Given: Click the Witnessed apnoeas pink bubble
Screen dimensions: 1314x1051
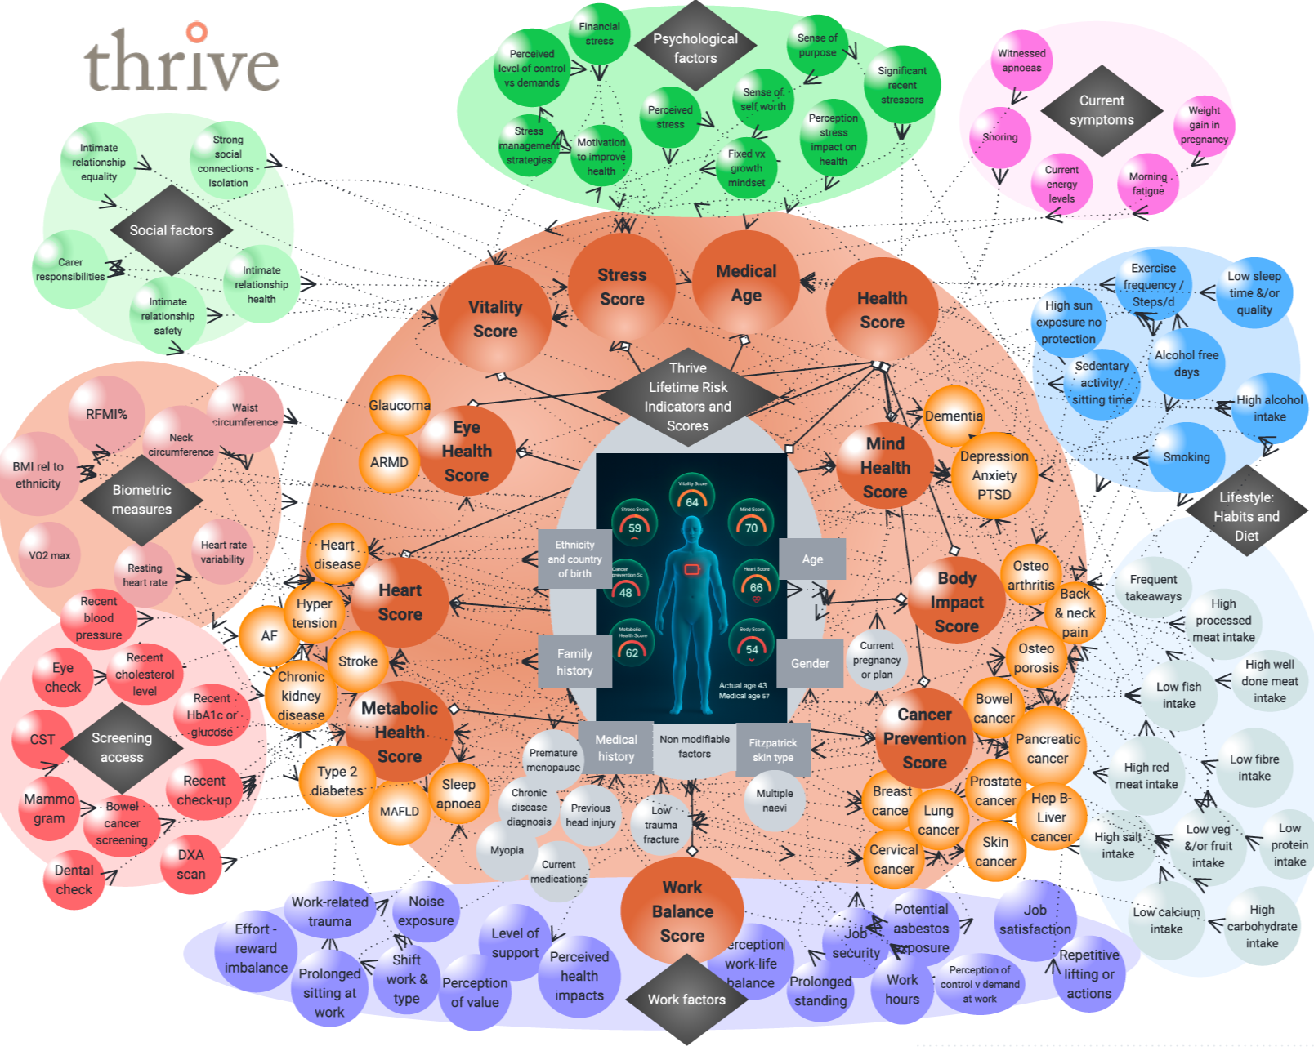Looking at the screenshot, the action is pos(1021,60).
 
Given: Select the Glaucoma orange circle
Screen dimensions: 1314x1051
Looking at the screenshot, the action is pos(400,405).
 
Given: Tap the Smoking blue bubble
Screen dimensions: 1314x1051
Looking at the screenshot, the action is pos(1186,457).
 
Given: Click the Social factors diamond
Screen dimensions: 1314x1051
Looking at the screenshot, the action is pos(171,230).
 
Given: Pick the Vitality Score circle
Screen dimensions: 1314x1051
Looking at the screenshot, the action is pos(494,319).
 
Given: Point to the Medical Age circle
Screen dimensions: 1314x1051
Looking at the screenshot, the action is pos(746,283).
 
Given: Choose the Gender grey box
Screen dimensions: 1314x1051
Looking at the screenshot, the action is pos(810,663).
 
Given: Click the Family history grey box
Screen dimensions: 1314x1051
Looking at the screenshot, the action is pos(574,661).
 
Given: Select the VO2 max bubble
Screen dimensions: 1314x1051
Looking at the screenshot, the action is pos(49,555).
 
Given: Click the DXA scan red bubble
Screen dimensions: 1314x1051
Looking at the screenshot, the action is pos(191,864).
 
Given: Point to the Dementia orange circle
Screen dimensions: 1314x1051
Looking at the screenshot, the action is pos(954,416).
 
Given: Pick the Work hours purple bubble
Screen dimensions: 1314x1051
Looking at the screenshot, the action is pos(902,989).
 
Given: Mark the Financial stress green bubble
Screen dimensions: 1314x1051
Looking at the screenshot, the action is pos(599,33).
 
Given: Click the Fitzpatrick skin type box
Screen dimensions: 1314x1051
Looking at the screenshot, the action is pos(772,750).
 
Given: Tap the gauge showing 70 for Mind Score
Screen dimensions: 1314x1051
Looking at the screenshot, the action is pos(751,523).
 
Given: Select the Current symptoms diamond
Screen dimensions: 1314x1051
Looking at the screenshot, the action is pos(1102,110).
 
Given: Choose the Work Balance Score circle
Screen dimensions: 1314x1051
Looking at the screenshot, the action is pos(682,911).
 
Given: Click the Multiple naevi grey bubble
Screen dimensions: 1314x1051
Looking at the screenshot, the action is pos(774,800).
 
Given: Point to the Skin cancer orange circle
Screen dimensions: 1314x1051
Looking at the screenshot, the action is pos(995,852).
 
